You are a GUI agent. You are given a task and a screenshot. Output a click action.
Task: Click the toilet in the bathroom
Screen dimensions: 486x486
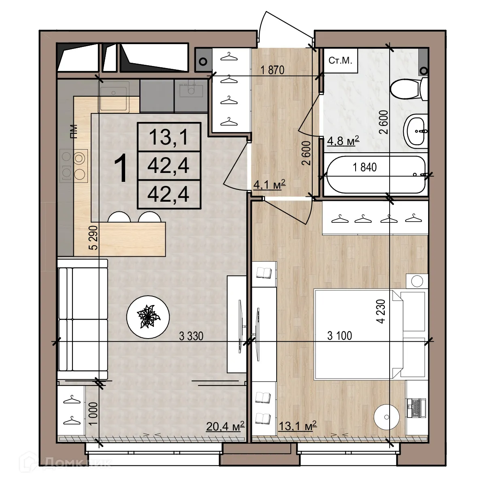[407, 89]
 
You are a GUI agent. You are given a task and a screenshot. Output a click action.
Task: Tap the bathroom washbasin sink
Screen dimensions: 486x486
[416, 130]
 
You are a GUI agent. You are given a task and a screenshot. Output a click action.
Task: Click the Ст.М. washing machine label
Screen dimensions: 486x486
[340, 61]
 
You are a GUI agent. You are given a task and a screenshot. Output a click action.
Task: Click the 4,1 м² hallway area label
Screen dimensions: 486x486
[269, 185]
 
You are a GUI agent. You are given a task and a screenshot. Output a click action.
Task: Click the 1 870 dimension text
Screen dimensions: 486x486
[273, 70]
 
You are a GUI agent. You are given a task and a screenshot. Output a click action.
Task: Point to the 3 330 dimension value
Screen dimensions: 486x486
[191, 335]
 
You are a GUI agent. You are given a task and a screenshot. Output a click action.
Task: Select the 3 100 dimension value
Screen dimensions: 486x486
[339, 335]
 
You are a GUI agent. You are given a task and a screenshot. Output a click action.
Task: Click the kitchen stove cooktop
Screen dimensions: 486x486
[74, 164]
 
